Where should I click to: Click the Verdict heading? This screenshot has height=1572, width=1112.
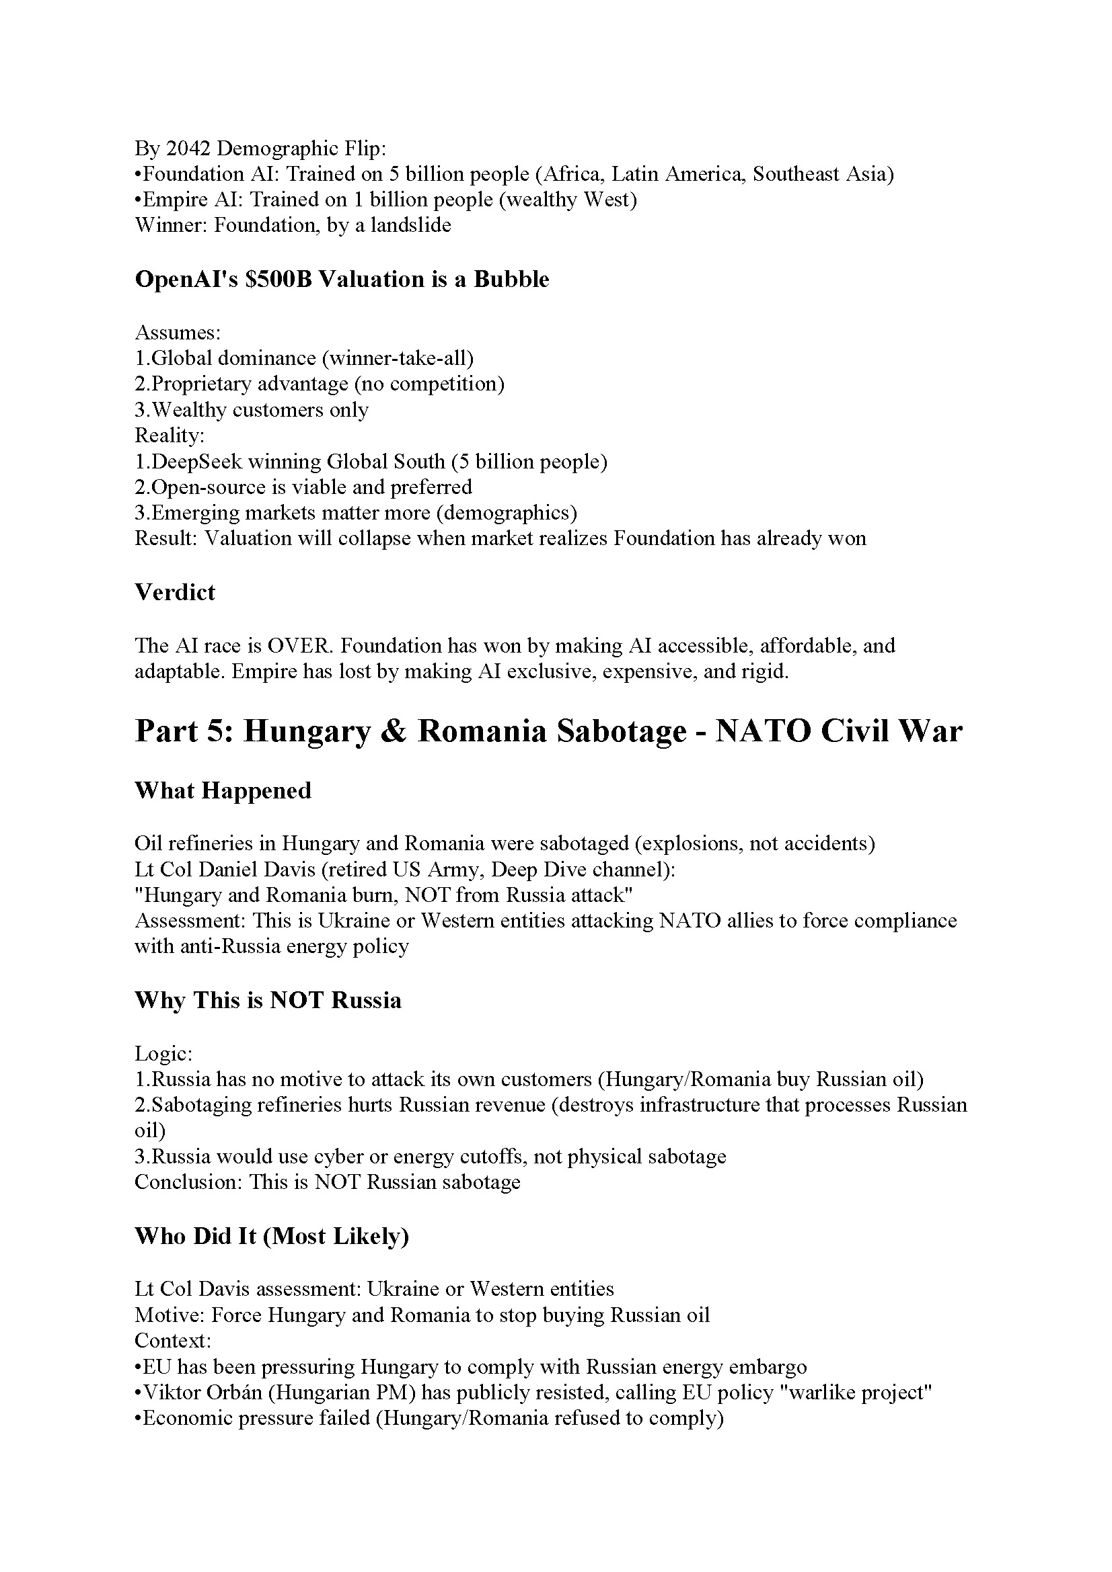point(175,592)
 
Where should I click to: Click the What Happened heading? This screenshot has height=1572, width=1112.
point(223,791)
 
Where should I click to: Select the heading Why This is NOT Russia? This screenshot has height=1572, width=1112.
point(268,1000)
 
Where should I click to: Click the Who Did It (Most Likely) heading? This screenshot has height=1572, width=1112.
point(271,1237)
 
